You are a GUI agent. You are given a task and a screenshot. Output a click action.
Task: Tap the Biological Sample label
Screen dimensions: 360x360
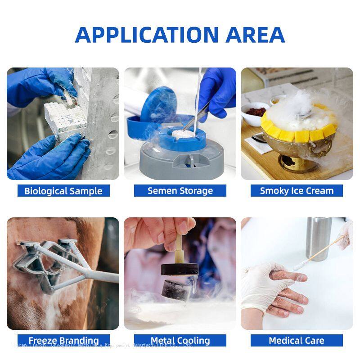[63, 191]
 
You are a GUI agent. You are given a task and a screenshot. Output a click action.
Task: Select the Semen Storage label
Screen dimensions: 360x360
[180, 191]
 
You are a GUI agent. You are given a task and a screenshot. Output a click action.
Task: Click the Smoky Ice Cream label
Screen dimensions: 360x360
[297, 191]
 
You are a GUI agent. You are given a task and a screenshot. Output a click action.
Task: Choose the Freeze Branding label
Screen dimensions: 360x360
[63, 340]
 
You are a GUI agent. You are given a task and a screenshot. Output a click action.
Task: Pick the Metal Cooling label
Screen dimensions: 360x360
[180, 340]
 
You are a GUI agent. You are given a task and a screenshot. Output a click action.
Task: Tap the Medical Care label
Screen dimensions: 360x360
[297, 340]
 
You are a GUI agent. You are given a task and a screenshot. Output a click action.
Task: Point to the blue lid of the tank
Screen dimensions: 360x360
[155, 101]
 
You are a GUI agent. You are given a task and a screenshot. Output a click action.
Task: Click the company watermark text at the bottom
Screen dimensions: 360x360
[103, 345]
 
